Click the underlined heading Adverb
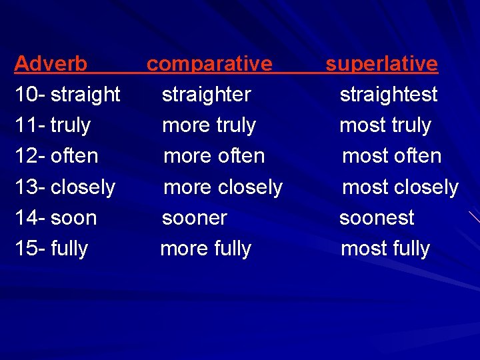click(51, 64)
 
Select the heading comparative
click(209, 64)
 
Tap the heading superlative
click(381, 64)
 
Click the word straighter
click(207, 95)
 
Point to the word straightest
click(389, 95)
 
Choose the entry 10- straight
click(67, 95)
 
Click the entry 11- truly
click(53, 125)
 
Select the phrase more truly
click(209, 125)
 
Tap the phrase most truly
click(385, 125)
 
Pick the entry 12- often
click(57, 156)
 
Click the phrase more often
click(214, 156)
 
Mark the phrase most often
click(391, 156)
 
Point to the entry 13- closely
click(65, 187)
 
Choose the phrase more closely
click(223, 187)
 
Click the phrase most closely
click(400, 187)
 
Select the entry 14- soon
click(56, 218)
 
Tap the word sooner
click(195, 218)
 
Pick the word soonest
click(377, 218)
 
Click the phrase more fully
click(206, 249)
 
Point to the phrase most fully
click(385, 249)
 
